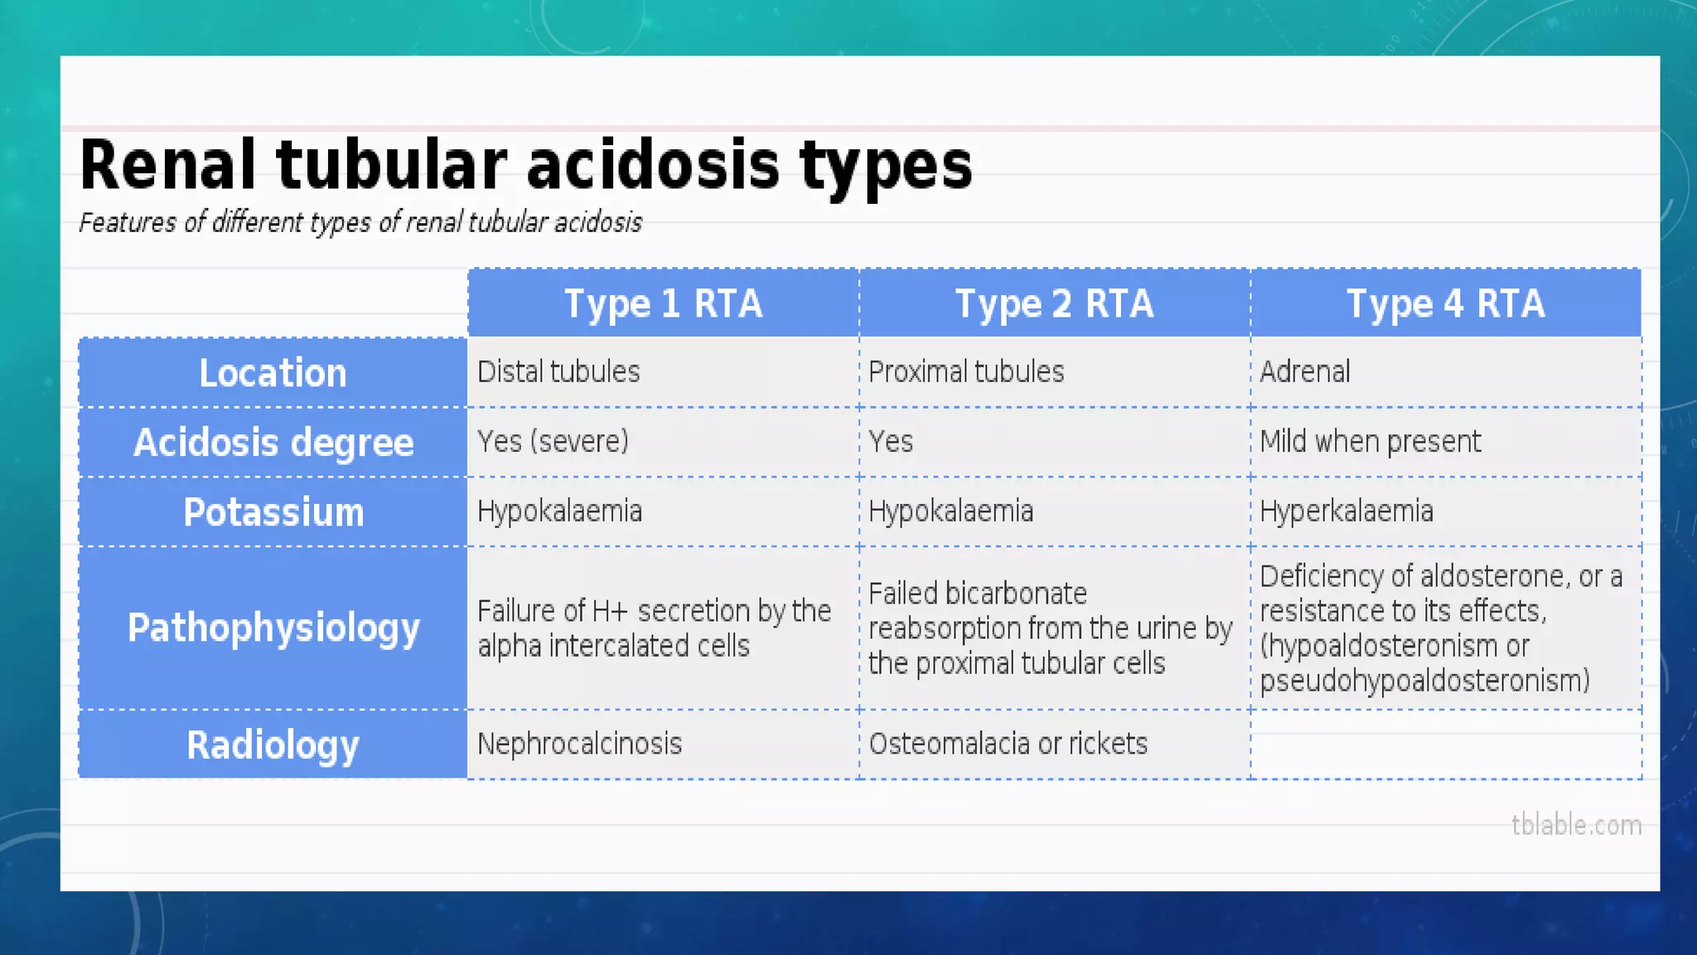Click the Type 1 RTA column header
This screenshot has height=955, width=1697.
pos(663,303)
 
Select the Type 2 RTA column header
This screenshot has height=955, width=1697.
pos(1054,303)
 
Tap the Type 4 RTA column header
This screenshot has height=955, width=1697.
pos(1445,303)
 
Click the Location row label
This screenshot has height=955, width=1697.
pos(273,373)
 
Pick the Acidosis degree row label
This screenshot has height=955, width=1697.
pos(273,443)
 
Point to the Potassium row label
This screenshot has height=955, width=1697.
pos(273,512)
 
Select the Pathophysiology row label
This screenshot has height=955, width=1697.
pos(273,628)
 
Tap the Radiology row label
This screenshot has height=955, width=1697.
pos(273,744)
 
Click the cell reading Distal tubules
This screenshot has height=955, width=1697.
pos(558,372)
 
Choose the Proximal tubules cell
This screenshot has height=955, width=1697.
pos(966,372)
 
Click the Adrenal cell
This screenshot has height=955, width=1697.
pos(1305,372)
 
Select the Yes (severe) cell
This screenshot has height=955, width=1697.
pos(553,442)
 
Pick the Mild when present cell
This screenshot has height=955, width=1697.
pos(1370,442)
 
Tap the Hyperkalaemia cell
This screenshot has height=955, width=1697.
pos(1346,511)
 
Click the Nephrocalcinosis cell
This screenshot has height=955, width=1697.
pos(579,744)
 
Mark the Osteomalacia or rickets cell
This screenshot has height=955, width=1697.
pos(1008,744)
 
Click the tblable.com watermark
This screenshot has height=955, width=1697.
pos(1576,826)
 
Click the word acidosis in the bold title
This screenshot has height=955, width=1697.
pos(652,165)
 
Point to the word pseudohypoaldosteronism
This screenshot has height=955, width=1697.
pos(1424,681)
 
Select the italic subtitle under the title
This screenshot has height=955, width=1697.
pos(360,223)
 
